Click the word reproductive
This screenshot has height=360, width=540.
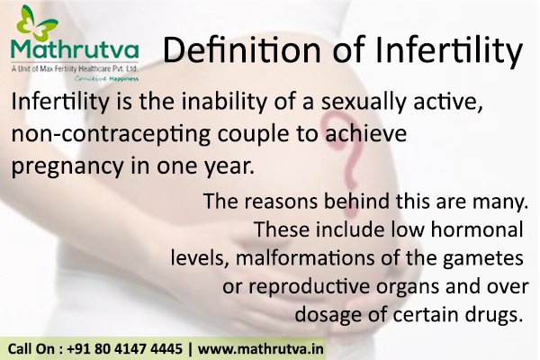pos(315,287)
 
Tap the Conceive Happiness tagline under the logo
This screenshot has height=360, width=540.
pos(86,77)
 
